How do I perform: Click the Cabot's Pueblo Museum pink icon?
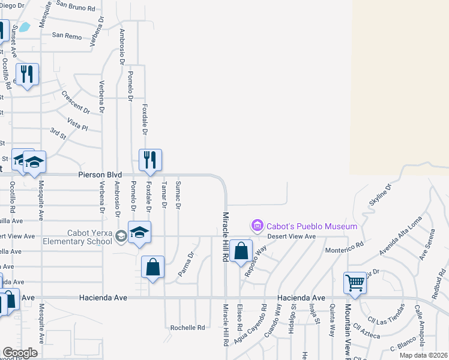click(x=258, y=226)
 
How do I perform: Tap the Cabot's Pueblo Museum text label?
click(x=311, y=226)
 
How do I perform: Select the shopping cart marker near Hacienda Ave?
click(x=355, y=282)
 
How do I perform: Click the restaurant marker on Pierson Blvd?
click(x=150, y=160)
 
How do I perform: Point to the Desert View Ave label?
click(x=291, y=236)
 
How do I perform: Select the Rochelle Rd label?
click(x=187, y=328)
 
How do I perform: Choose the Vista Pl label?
click(x=77, y=124)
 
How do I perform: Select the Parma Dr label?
click(x=187, y=264)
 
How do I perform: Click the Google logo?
click(x=20, y=353)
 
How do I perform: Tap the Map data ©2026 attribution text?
click(x=424, y=355)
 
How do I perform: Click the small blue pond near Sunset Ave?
click(x=25, y=27)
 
